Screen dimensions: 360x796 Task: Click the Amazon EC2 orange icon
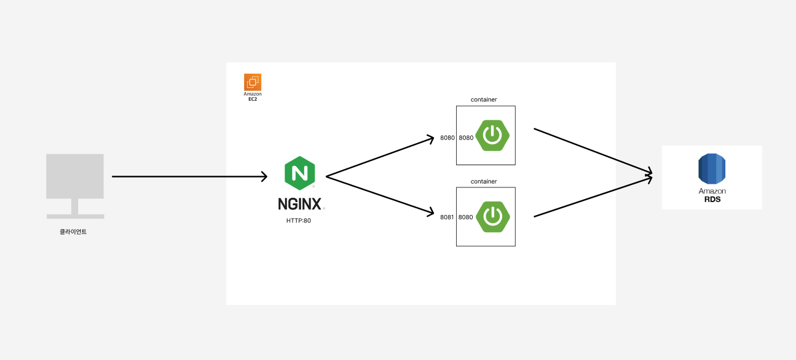(x=253, y=82)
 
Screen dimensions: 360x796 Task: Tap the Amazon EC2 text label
(x=253, y=96)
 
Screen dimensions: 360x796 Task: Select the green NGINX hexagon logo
(x=300, y=173)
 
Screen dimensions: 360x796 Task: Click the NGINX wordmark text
(x=300, y=203)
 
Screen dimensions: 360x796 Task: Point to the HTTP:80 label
(x=299, y=221)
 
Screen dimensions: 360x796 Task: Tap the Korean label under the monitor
(x=73, y=232)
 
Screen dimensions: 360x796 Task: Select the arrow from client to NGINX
(x=189, y=177)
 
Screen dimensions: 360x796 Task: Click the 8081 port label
(x=447, y=217)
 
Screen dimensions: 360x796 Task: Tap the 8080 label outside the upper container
(x=447, y=138)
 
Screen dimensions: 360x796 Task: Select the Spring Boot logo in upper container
(x=492, y=135)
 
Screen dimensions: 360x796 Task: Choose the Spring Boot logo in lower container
(x=492, y=216)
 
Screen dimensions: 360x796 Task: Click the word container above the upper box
(x=484, y=100)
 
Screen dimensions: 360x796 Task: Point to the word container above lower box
(x=484, y=181)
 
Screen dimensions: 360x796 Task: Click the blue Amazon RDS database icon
(x=712, y=169)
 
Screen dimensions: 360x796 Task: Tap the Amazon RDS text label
(x=712, y=195)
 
